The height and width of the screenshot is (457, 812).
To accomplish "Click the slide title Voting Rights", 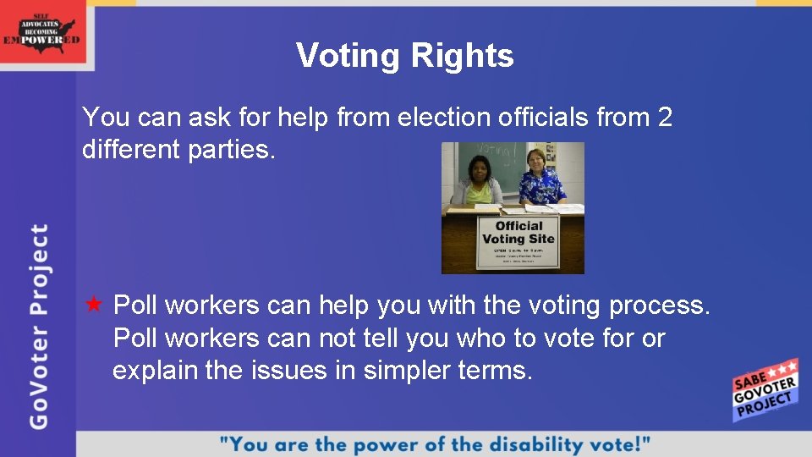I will pyautogui.click(x=404, y=56).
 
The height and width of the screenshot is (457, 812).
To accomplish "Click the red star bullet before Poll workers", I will pyautogui.click(x=94, y=304).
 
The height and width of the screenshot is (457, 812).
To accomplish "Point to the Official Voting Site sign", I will pyautogui.click(x=518, y=243).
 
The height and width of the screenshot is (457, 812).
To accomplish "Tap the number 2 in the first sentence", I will pyautogui.click(x=664, y=117).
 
